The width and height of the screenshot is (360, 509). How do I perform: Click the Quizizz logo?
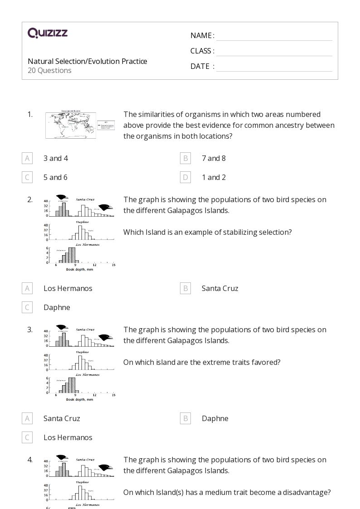pyautogui.click(x=48, y=33)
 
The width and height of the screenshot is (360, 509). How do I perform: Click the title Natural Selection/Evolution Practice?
pyautogui.click(x=88, y=61)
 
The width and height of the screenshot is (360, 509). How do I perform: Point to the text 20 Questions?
pyautogui.click(x=49, y=70)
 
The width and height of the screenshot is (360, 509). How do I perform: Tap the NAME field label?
pyautogui.click(x=201, y=35)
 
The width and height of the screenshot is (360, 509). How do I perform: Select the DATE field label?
pyautogui.click(x=200, y=66)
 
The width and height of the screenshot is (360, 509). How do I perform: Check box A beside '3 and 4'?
pyautogui.click(x=27, y=158)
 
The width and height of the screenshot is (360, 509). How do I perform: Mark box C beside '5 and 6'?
pyautogui.click(x=27, y=177)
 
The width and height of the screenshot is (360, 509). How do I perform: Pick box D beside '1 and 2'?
pyautogui.click(x=185, y=177)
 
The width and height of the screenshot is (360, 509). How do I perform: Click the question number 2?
pyautogui.click(x=30, y=199)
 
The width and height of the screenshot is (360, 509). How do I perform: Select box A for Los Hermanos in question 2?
pyautogui.click(x=27, y=288)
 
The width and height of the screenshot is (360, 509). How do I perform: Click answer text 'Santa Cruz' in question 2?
pyautogui.click(x=220, y=288)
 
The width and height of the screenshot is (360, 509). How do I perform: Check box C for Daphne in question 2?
pyautogui.click(x=27, y=307)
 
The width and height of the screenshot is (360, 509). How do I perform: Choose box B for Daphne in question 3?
pyautogui.click(x=185, y=418)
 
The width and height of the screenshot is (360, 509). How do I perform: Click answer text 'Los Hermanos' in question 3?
pyautogui.click(x=68, y=437)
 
